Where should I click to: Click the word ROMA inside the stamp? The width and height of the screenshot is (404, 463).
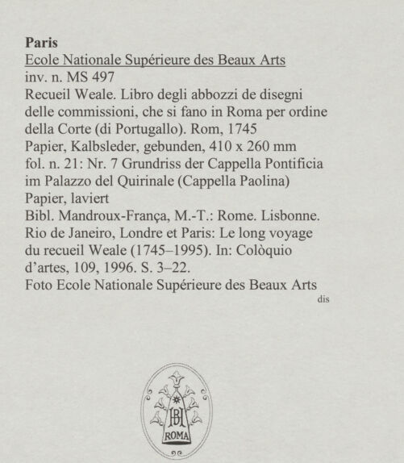pyautogui.click(x=174, y=436)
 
